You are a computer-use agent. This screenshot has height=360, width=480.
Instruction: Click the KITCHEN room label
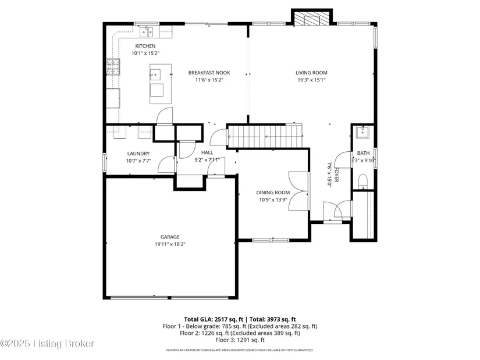145,46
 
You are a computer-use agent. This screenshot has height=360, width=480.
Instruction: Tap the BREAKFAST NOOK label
209,73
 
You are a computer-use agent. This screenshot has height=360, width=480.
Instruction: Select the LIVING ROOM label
311,73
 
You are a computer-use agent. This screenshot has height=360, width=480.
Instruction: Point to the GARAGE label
170,237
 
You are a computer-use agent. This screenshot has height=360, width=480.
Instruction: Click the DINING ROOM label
273,193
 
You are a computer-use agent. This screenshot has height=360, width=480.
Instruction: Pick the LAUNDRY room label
138,154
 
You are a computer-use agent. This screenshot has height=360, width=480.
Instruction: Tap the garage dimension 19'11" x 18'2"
170,244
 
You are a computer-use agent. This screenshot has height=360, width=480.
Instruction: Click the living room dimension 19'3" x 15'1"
311,80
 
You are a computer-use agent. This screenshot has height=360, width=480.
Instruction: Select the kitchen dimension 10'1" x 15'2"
145,54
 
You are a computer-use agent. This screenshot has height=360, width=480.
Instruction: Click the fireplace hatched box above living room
312,19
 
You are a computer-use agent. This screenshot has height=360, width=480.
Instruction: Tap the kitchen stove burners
113,67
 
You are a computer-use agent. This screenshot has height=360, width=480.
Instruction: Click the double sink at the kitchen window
146,32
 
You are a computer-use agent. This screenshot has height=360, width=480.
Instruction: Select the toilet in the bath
362,181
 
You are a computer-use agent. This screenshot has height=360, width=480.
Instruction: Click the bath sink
362,132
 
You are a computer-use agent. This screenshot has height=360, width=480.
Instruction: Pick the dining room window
271,240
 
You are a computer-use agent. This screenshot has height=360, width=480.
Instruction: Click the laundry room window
104,162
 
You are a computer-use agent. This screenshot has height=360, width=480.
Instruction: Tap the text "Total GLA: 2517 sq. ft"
214,320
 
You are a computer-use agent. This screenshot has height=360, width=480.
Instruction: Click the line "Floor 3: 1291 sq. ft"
240,340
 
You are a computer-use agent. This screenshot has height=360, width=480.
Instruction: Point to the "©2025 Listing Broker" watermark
47,344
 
